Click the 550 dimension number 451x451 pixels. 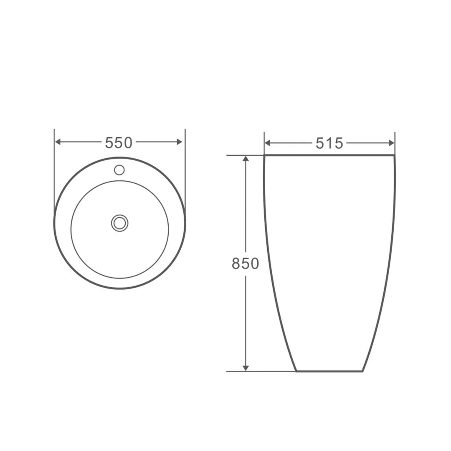pos(119,143)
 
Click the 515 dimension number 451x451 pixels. pos(329,143)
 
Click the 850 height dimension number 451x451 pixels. pos(246,264)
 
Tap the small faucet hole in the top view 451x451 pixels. pos(119,170)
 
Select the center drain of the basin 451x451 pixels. pos(119,223)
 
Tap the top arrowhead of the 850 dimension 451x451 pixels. pos(246,159)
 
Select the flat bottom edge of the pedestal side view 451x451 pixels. pos(329,371)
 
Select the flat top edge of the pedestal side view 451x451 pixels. pos(329,155)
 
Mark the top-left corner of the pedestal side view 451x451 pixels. pos(265,155)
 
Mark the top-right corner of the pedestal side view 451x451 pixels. pos(395,155)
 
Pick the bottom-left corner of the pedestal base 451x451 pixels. pos(296,371)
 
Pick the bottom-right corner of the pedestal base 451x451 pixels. pos(362,371)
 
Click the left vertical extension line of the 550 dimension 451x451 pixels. pos(54,175)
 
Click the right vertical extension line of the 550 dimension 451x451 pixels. pos(185,175)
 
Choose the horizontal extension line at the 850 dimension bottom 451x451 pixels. pos(259,371)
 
